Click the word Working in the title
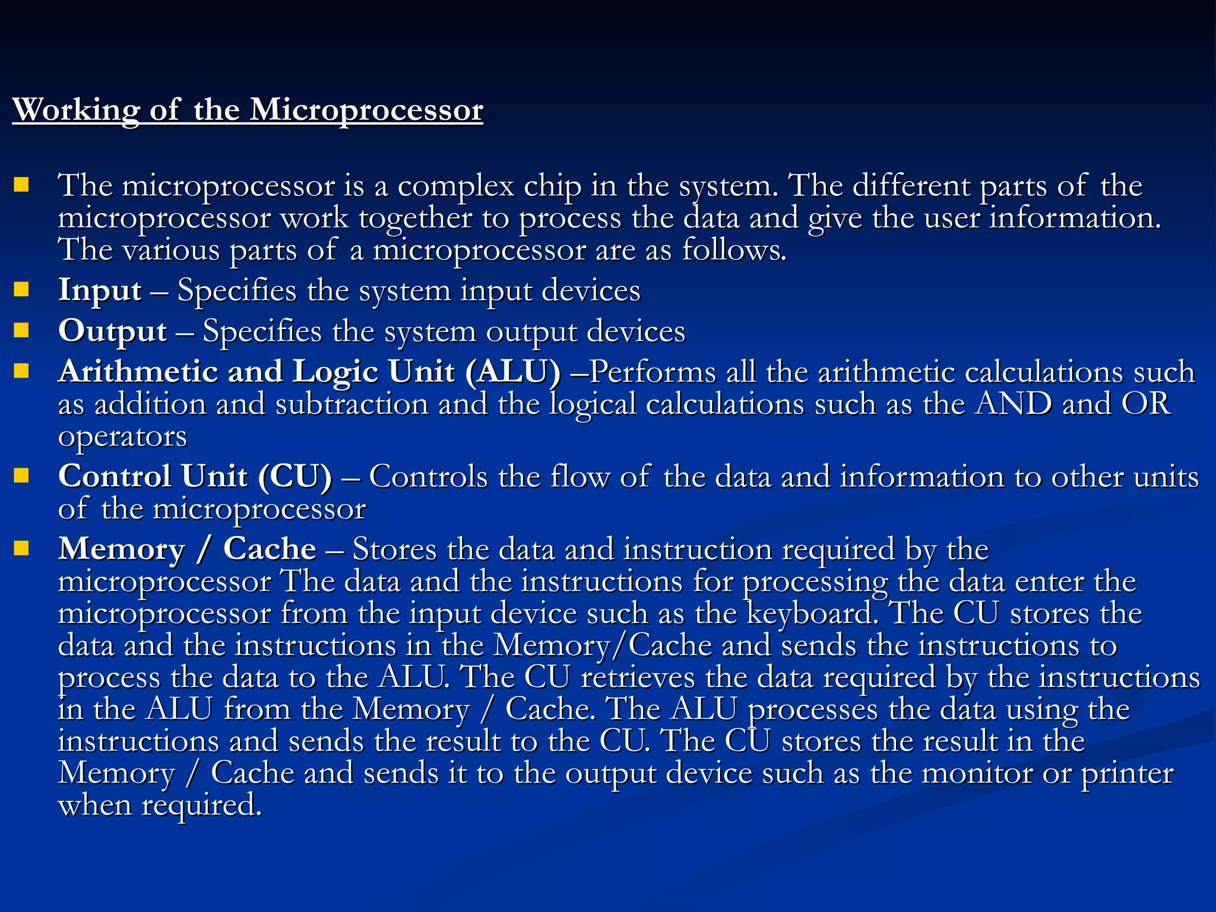click(76, 110)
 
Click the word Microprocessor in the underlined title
click(366, 110)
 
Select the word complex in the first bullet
click(455, 186)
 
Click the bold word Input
click(100, 291)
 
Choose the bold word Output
click(112, 331)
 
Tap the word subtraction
click(351, 404)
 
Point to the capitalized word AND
click(1014, 404)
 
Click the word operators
click(122, 437)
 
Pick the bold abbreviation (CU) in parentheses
click(295, 477)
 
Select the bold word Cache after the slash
click(270, 549)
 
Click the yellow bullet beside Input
click(21, 290)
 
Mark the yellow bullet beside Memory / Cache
click(21, 548)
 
